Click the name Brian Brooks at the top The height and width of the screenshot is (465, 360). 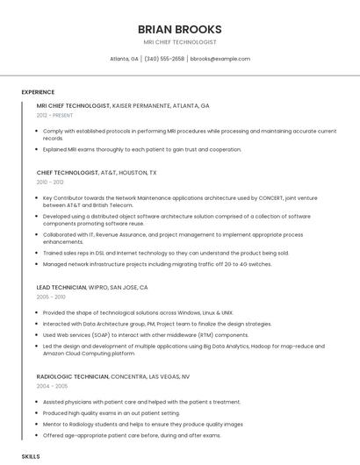point(179,29)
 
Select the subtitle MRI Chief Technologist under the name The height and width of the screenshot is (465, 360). point(179,42)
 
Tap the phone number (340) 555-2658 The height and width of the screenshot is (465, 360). point(164,59)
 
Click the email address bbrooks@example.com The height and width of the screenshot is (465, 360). point(220,59)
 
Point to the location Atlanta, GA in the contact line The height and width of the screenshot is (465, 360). point(124,59)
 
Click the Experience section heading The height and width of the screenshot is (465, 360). point(38,92)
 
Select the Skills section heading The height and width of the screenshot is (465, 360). point(31,457)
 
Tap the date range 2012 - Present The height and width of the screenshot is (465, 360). point(55,115)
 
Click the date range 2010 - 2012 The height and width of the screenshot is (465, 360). point(50,182)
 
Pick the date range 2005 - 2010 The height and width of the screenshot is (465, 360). point(51,297)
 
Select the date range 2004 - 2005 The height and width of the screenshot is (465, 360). point(51,386)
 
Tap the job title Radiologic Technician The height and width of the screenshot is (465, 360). point(73,376)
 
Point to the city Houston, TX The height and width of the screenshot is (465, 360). point(139,173)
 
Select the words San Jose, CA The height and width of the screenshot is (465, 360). point(129,287)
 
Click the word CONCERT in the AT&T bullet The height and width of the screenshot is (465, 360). point(270,198)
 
